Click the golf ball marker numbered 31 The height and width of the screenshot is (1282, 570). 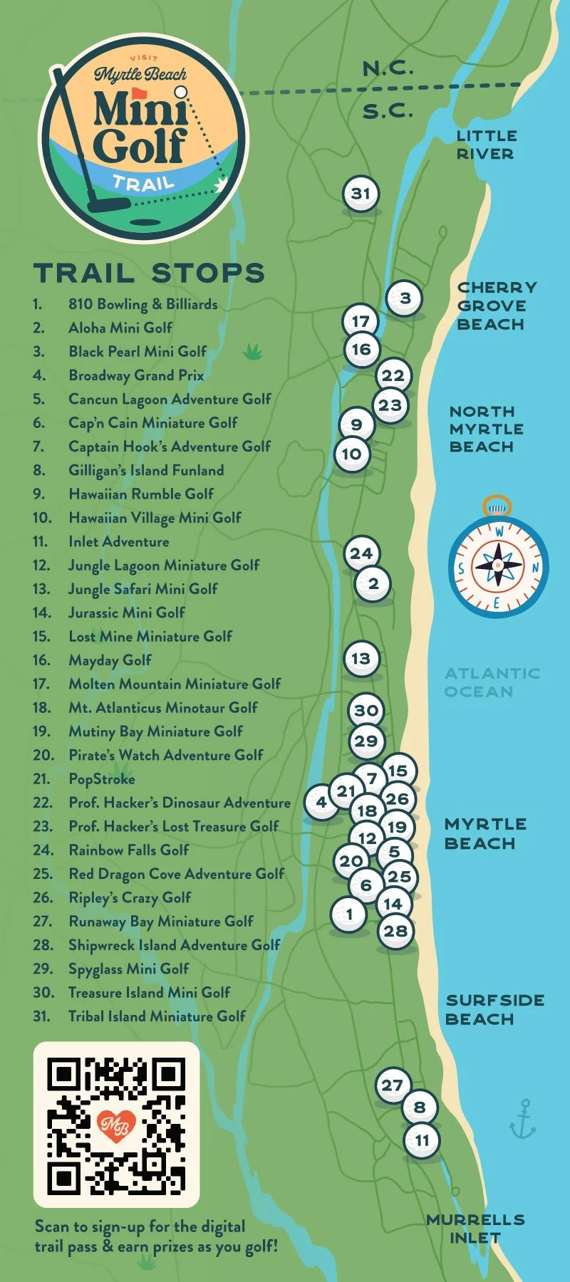pos(361,194)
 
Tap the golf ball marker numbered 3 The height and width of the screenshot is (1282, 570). pos(405,298)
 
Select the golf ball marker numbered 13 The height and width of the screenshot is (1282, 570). pos(361,659)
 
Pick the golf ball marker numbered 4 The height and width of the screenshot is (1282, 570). pos(321,802)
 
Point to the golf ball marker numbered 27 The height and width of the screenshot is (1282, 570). pos(393,1085)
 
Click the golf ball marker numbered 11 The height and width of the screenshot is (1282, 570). pos(422,1140)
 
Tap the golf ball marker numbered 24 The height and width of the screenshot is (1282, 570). pos(361,553)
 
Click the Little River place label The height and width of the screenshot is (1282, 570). pos(486,145)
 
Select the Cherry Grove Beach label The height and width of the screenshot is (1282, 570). pos(497,306)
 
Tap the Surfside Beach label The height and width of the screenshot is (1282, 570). pos(494,1009)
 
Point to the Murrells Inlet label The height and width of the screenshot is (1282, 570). pos(475,1229)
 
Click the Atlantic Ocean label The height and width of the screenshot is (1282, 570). pos(492,682)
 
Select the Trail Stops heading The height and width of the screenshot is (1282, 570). pos(149,273)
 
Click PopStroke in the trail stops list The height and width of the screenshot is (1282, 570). pos(102,779)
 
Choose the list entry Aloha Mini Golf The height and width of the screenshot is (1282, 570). pos(120,328)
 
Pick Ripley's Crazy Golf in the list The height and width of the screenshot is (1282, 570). pos(130,897)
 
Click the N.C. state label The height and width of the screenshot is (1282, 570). pos(388,68)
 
